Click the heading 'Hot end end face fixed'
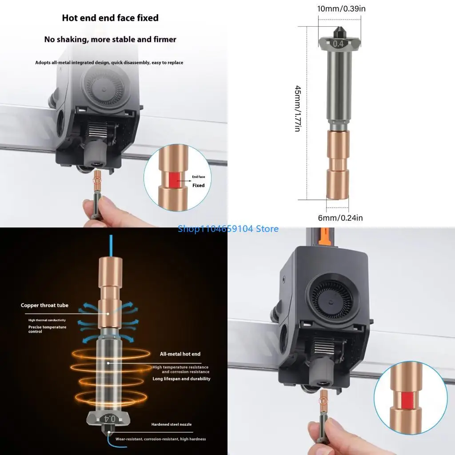(110, 18)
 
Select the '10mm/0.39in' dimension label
(342, 8)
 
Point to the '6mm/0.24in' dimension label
(340, 218)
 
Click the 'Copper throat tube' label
(44, 305)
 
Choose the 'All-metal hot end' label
(180, 354)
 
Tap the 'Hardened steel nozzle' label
(171, 424)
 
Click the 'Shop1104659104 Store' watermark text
(228, 229)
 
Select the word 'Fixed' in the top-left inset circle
(198, 185)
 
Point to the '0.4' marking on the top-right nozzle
(338, 44)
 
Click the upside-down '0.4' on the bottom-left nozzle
(109, 419)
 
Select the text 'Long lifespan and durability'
(181, 379)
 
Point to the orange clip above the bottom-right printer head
(325, 235)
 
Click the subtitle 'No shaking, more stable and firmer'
(110, 40)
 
